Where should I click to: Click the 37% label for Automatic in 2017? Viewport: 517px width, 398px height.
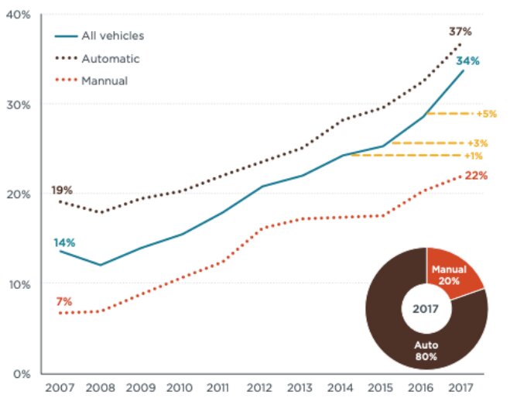pyautogui.click(x=460, y=32)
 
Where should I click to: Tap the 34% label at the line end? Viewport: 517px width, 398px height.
pyautogui.click(x=467, y=60)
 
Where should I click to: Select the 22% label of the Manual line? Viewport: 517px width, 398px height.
pyautogui.click(x=476, y=176)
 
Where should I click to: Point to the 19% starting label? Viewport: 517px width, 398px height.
pyautogui.click(x=63, y=190)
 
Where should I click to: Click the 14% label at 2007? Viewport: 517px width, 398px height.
pyautogui.click(x=63, y=243)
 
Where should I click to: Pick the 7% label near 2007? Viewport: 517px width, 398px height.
pyautogui.click(x=63, y=300)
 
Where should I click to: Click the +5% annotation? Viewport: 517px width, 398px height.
pyautogui.click(x=487, y=114)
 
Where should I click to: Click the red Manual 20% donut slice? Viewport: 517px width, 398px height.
pyautogui.click(x=453, y=272)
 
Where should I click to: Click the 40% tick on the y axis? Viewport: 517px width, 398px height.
pyautogui.click(x=17, y=15)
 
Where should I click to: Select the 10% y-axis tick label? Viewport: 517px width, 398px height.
pyautogui.click(x=17, y=284)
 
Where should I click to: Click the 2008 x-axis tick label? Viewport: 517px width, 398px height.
pyautogui.click(x=100, y=386)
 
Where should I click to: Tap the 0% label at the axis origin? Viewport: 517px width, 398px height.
pyautogui.click(x=20, y=374)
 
